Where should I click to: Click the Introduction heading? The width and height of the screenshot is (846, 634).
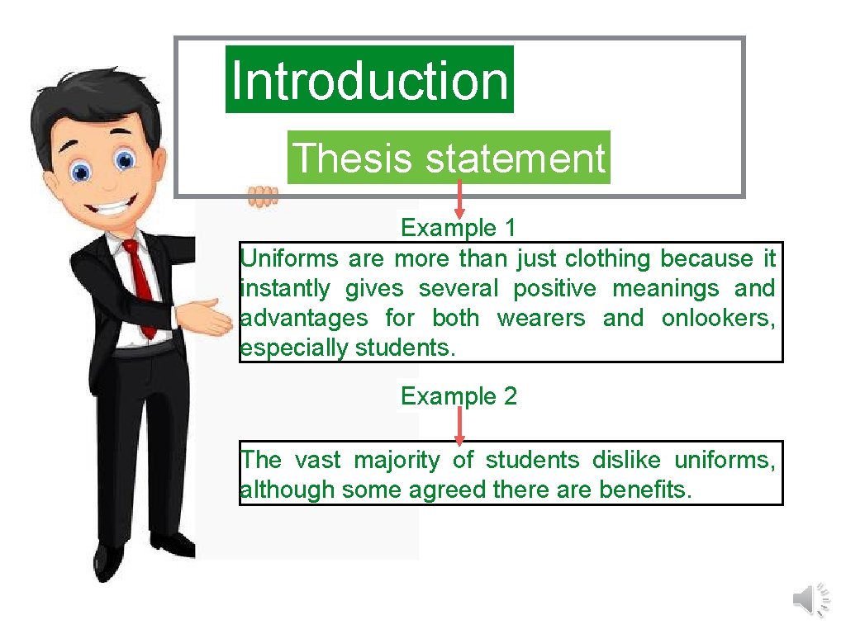coord(369,80)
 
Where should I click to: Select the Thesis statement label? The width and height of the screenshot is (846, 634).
coord(449,158)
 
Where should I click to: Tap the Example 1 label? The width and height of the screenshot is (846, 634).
coord(458,227)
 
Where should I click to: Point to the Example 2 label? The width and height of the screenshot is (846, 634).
coord(459,396)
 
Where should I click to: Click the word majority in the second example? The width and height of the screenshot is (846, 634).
coord(395,460)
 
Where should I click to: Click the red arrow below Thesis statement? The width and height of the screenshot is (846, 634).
coord(459,201)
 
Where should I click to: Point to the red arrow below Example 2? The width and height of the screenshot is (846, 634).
coord(459,425)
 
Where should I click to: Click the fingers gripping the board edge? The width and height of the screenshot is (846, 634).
coord(263,196)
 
